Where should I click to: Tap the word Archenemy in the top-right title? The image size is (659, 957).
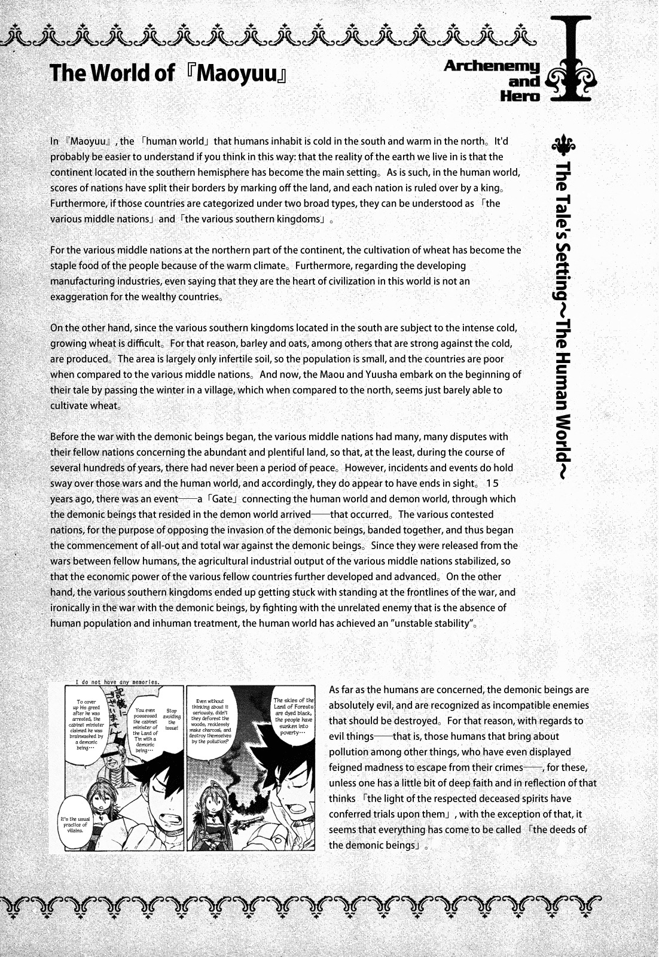(x=492, y=67)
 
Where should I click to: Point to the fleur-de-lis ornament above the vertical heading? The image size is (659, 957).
(x=563, y=144)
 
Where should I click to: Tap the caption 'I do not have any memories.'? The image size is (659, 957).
(x=118, y=682)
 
